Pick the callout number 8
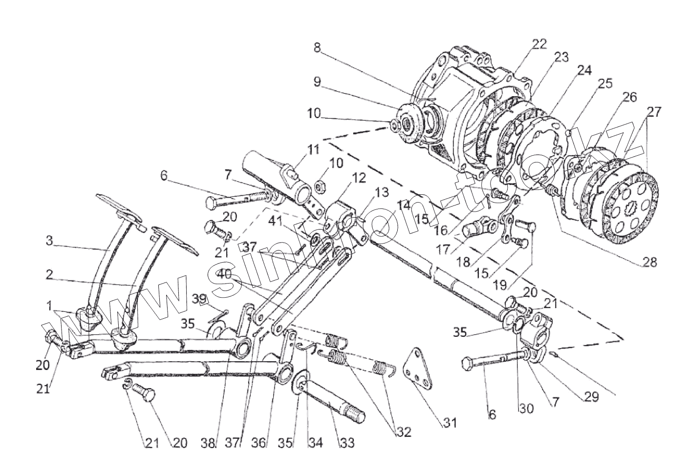click(x=317, y=48)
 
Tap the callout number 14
click(x=403, y=205)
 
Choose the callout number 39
click(x=198, y=298)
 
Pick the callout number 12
click(x=359, y=179)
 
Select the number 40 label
click(x=225, y=274)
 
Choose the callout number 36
click(x=258, y=443)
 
